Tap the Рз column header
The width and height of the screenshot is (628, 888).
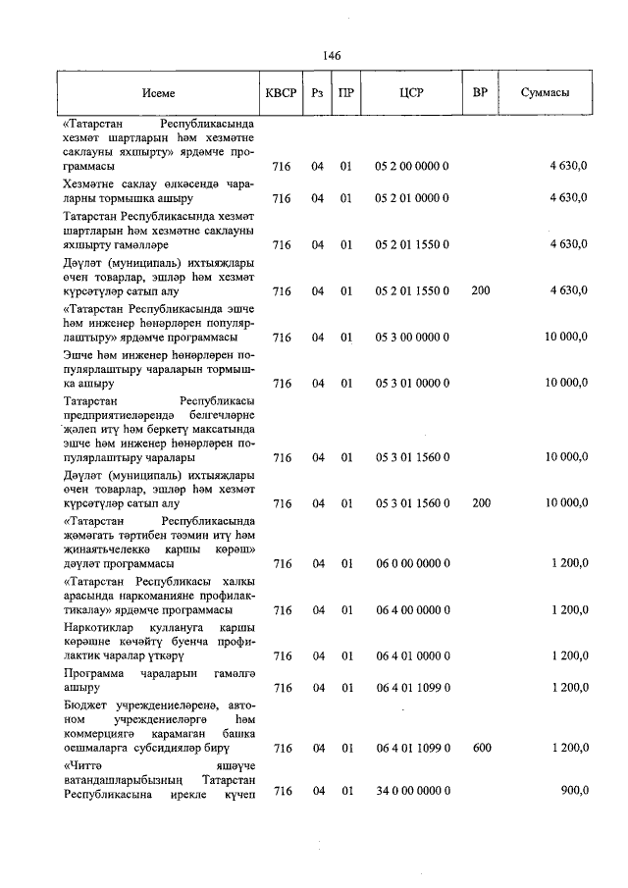[x=317, y=93]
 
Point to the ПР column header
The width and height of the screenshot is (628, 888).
[x=346, y=93]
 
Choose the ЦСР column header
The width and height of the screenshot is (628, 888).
[x=411, y=93]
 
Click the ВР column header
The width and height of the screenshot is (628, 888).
[x=480, y=93]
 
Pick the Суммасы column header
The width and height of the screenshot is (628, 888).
[x=545, y=93]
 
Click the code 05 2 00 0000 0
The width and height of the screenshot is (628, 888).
[x=411, y=168]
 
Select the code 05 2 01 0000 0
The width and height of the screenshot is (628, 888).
[x=411, y=198]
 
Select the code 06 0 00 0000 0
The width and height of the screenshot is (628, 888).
[x=411, y=564]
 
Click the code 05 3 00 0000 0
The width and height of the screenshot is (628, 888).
[x=411, y=338]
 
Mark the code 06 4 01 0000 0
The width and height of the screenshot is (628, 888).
[x=411, y=655]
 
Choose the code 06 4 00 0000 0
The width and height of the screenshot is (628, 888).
[x=411, y=610]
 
